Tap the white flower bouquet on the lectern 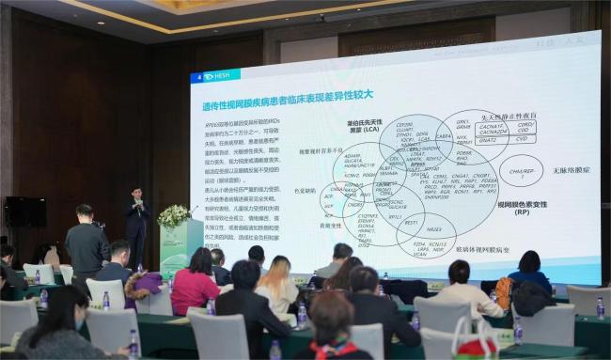(173, 215)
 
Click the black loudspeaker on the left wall (25, 211)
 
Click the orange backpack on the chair (505, 291)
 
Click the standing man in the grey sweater (86, 243)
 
